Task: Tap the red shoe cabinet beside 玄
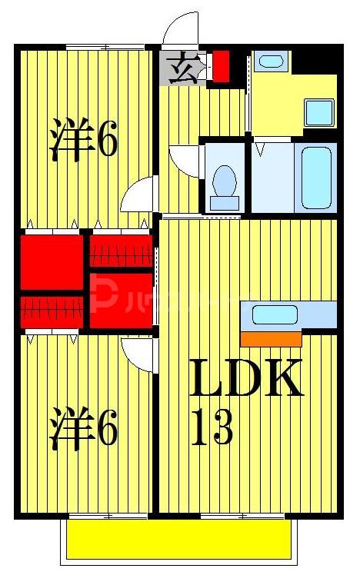pyautogui.click(x=221, y=65)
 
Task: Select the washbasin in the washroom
pyautogui.click(x=268, y=61)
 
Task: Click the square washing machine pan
pyautogui.click(x=319, y=112)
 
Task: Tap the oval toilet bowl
pyautogui.click(x=225, y=181)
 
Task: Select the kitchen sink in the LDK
pyautogui.click(x=275, y=314)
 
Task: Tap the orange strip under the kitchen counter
pyautogui.click(x=271, y=338)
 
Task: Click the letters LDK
pyautogui.click(x=246, y=379)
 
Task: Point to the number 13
pyautogui.click(x=212, y=429)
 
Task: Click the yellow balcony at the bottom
pyautogui.click(x=178, y=540)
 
